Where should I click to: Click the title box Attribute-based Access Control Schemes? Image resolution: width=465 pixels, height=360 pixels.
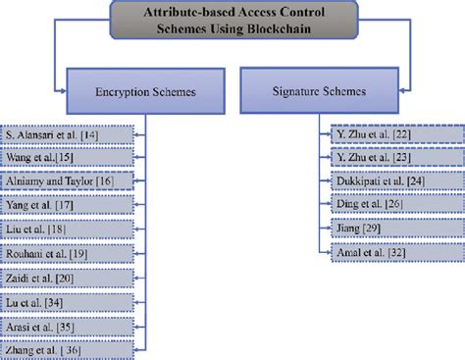232,21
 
